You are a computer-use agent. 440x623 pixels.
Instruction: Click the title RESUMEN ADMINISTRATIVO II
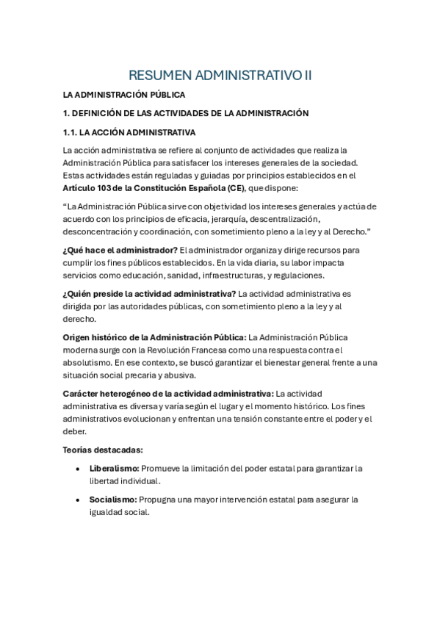click(x=220, y=75)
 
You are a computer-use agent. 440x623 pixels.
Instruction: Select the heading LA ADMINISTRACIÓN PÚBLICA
click(x=123, y=95)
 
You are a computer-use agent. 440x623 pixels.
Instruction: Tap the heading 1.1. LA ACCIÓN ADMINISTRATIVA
click(x=129, y=132)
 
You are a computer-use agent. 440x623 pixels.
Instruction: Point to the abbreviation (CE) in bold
click(x=235, y=187)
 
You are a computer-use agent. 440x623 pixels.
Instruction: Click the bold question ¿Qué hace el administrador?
click(x=120, y=250)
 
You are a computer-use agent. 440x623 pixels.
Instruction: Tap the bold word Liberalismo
click(x=114, y=468)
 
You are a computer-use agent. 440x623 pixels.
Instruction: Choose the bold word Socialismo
click(x=113, y=500)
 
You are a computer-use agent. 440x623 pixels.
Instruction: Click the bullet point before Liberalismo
click(x=78, y=469)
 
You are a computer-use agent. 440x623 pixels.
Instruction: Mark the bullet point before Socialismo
click(x=78, y=500)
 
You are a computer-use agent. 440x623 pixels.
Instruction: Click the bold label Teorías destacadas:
click(x=103, y=450)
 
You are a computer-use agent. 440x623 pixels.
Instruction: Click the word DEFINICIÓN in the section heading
click(x=100, y=113)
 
